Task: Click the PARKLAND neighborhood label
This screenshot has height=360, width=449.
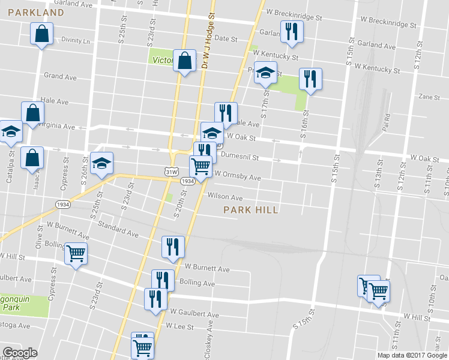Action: [37, 13]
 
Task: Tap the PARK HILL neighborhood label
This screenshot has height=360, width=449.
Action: [251, 210]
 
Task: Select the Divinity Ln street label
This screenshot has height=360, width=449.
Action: [76, 41]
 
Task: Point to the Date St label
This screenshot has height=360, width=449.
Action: [226, 38]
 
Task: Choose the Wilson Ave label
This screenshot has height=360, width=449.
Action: [225, 197]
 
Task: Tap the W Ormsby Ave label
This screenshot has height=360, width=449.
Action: [238, 178]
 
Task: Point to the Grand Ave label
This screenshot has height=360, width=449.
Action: [60, 77]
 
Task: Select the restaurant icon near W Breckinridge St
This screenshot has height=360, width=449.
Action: [291, 32]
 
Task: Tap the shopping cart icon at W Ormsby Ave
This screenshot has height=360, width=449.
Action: [200, 164]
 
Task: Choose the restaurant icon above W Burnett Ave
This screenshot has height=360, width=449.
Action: [173, 246]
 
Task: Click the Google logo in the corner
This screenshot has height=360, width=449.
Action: [20, 353]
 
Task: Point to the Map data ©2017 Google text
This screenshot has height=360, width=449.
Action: [412, 355]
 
